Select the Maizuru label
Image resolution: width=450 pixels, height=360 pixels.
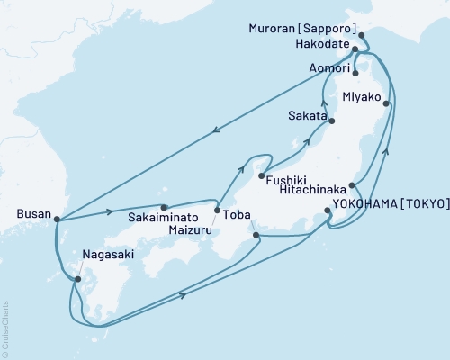point(194,229)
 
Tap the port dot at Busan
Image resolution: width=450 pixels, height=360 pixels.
point(57,218)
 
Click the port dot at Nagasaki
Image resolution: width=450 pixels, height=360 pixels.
point(77,279)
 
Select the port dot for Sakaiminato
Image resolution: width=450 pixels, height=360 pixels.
point(164,207)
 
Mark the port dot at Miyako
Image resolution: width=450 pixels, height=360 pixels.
point(388,103)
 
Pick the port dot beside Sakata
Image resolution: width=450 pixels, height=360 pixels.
point(332,121)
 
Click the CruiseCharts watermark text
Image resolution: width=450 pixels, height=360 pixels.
point(4,329)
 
